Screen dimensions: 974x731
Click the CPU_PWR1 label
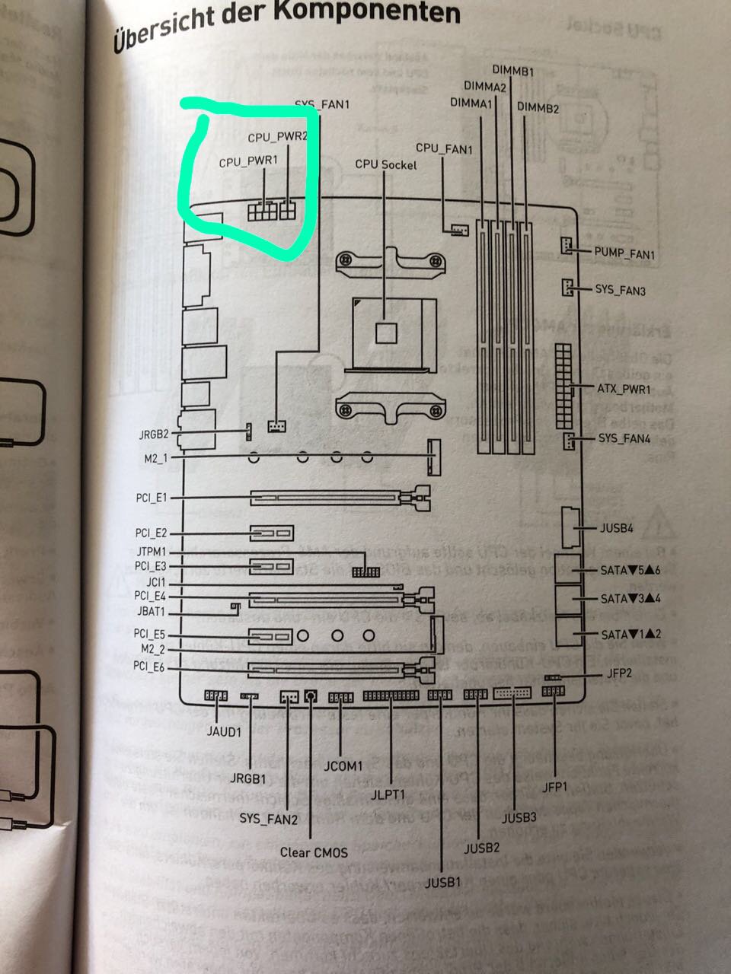[249, 163]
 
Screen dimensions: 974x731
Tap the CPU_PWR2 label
[277, 138]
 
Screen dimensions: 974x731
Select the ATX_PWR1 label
[624, 390]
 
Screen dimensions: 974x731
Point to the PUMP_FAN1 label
[624, 254]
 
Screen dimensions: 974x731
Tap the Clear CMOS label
[314, 852]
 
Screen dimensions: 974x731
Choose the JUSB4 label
[617, 528]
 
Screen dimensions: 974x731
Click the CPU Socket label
[386, 164]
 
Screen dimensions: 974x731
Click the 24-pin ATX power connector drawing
[564, 387]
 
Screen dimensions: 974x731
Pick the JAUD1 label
[223, 732]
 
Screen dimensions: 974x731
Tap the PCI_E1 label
[150, 498]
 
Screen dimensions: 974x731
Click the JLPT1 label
[388, 795]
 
